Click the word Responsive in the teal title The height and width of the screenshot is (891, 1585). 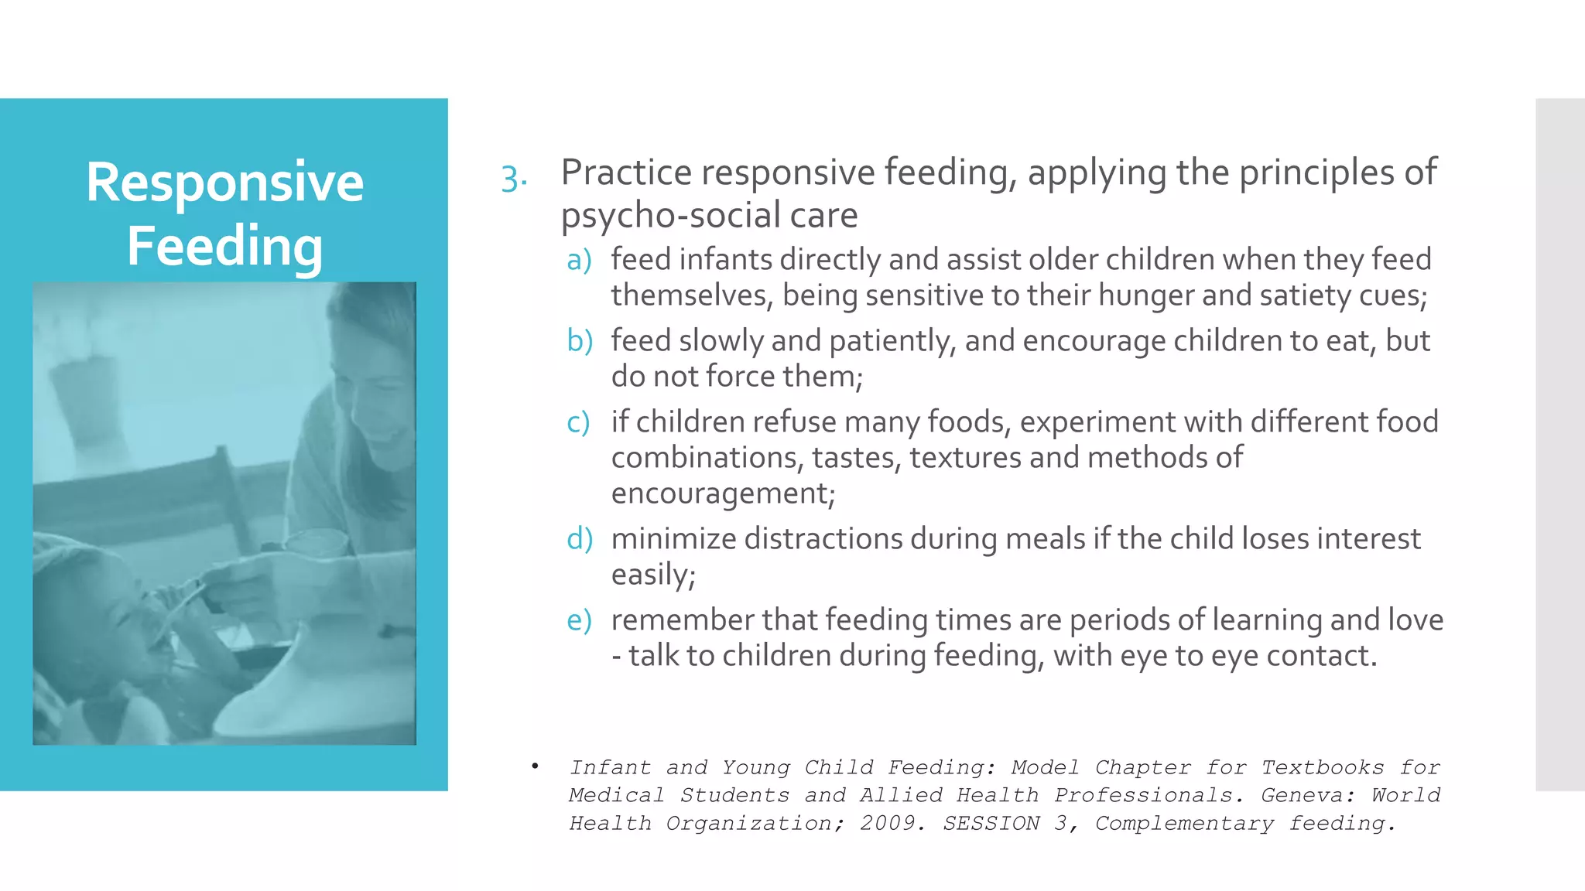point(224,183)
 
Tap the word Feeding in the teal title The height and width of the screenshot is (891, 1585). point(224,246)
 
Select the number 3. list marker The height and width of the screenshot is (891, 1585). point(513,179)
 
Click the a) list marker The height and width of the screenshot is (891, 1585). point(579,260)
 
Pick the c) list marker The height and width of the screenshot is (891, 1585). point(578,422)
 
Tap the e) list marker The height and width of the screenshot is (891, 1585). point(579,620)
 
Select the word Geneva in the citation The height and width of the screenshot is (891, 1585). point(1305,795)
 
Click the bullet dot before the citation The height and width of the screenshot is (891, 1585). point(535,766)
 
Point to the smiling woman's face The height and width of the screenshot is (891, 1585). point(379,402)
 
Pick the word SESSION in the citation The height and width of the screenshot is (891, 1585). point(991,823)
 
